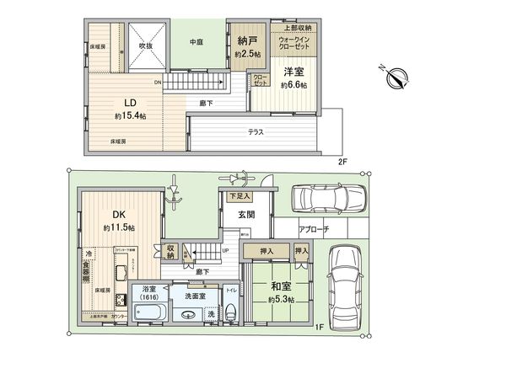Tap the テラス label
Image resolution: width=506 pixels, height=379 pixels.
(255, 132)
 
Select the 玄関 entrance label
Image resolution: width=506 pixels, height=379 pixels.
(245, 214)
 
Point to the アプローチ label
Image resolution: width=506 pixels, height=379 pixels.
(313, 229)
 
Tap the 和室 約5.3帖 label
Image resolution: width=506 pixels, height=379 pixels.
(281, 292)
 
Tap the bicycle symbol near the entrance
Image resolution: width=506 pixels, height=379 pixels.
(237, 179)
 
